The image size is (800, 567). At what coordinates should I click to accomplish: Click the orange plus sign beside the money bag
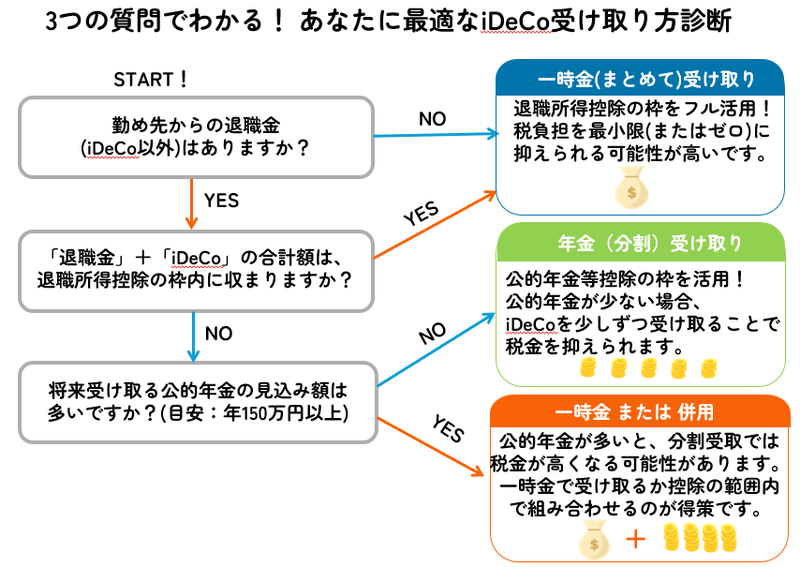636,540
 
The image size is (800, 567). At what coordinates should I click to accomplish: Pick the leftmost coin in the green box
587,367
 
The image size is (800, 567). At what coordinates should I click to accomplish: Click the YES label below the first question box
221,201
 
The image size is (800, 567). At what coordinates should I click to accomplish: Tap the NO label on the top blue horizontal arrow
432,119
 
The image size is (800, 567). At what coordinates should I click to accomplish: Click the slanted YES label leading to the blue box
421,213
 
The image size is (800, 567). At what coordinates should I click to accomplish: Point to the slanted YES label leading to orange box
449,428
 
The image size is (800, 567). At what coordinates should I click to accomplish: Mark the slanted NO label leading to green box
432,334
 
